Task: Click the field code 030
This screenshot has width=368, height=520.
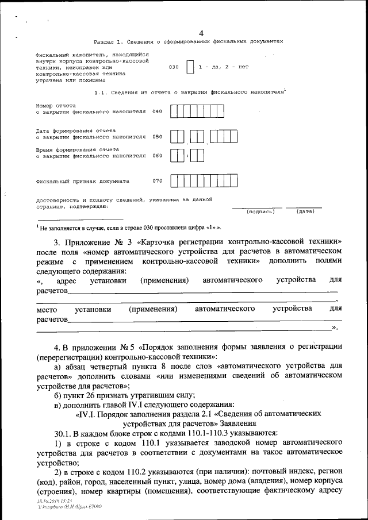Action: tap(174, 67)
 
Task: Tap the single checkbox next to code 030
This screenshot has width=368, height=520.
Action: tap(190, 67)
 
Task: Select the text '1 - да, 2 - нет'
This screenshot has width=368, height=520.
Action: tap(223, 67)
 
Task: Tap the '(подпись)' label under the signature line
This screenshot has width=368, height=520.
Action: tap(260, 211)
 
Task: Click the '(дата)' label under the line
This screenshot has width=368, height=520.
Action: tap(305, 211)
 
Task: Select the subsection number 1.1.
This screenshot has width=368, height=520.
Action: tap(99, 92)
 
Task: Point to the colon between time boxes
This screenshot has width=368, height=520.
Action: tap(187, 156)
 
